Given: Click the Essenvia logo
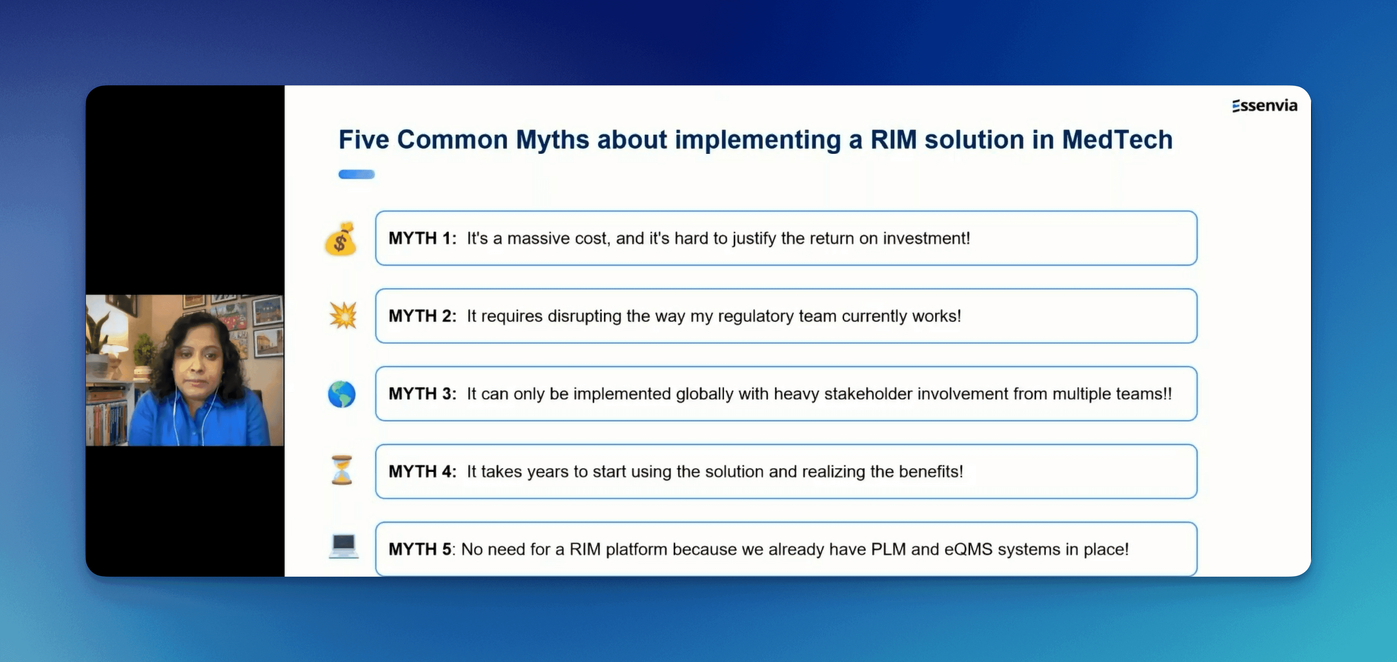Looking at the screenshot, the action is pos(1265,105).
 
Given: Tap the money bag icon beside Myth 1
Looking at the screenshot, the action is pos(341,239).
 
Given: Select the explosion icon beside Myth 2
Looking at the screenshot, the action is pos(343,315).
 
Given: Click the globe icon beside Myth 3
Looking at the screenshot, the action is pos(342,394).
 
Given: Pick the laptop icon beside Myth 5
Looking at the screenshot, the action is pos(343,546).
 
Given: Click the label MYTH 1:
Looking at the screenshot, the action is pos(422,238).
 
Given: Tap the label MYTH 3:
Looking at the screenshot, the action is pos(422,393).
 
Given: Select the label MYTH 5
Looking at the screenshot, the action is pos(420,549).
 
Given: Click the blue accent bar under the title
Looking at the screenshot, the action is pos(356,174).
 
